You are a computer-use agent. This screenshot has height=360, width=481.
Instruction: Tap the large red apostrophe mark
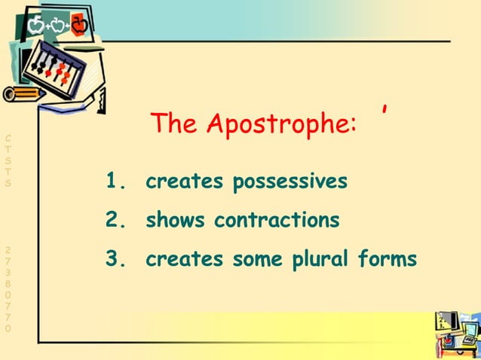[x=385, y=113]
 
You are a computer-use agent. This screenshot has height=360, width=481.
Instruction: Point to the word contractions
[x=277, y=221]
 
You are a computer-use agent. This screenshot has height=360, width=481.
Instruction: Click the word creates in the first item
[x=184, y=182]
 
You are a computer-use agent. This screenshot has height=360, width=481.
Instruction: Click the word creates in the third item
[x=184, y=260]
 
